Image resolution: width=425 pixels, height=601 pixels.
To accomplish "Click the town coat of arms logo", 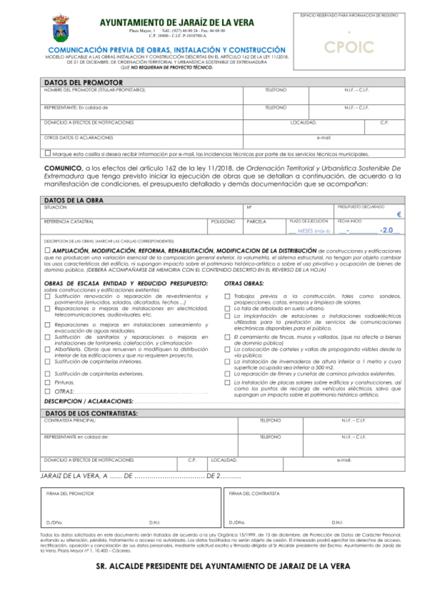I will click(60, 28).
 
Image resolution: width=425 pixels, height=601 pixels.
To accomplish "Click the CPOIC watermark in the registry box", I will click(349, 47).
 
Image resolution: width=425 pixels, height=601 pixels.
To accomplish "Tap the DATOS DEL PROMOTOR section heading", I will click(83, 83).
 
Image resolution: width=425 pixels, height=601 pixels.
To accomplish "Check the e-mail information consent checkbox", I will click(48, 153).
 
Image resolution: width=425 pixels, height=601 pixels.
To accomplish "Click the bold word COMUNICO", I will click(63, 168).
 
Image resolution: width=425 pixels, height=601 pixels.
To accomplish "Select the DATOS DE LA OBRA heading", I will click(74, 200).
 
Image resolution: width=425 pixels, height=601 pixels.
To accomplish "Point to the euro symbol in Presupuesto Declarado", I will click(399, 214).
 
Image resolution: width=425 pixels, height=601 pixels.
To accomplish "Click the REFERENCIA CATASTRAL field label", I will click(69, 222).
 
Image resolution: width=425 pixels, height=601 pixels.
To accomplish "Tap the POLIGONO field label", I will click(223, 222).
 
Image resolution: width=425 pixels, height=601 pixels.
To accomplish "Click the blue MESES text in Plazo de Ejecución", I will click(305, 231).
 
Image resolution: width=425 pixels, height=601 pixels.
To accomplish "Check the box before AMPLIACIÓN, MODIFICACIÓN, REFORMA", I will click(48, 251).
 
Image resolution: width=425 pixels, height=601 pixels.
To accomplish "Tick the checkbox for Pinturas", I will click(48, 382).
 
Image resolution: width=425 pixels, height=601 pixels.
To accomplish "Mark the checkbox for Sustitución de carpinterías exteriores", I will click(48, 374).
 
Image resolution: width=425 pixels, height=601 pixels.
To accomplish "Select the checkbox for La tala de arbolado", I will click(227, 308).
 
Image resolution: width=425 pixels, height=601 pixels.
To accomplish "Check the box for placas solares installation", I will click(227, 382).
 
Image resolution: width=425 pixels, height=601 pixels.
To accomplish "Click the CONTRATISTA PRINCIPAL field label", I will click(70, 421).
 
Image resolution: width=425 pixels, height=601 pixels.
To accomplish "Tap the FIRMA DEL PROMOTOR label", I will click(70, 494).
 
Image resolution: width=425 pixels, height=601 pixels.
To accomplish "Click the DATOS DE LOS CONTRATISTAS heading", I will click(91, 413).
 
